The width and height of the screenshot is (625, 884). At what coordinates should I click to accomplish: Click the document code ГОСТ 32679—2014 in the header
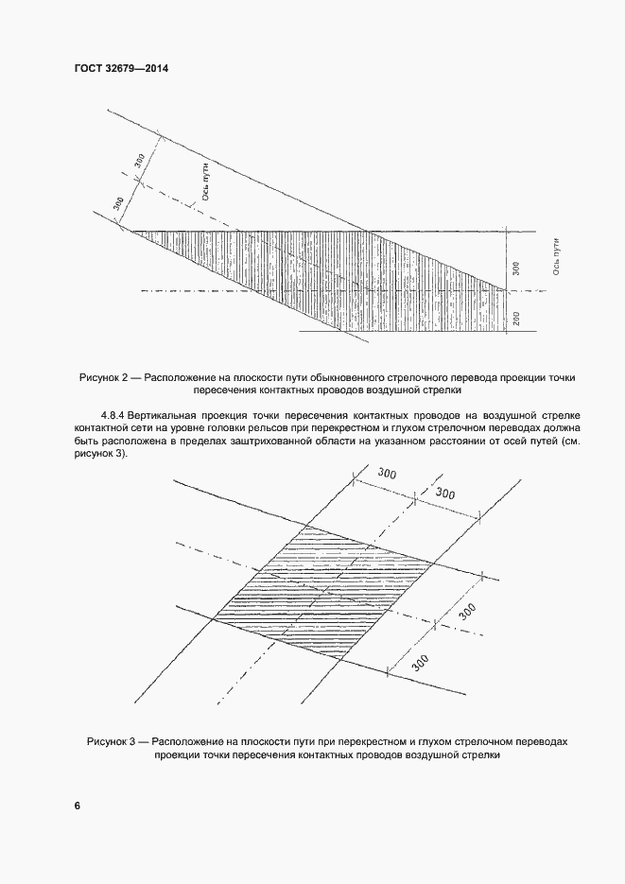point(113,69)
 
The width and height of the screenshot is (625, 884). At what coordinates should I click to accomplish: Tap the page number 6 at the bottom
point(78,806)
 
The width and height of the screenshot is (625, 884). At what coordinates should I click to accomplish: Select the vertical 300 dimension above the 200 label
point(514,268)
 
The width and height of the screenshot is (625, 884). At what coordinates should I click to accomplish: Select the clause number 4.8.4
point(112,415)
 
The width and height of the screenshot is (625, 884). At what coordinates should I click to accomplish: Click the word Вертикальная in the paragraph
point(168,415)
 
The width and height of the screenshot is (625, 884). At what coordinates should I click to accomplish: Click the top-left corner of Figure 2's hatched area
point(132,232)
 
